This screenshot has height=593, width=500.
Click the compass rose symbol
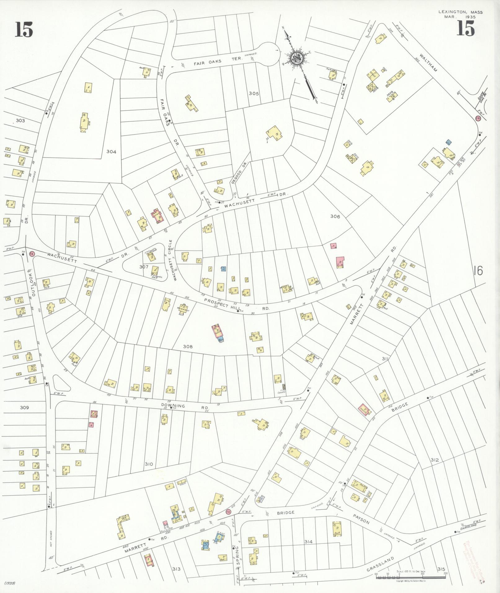click(296, 58)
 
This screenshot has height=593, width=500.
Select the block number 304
click(111, 152)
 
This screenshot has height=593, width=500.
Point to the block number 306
click(335, 216)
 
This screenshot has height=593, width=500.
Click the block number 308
click(188, 346)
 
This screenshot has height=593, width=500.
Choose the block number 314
click(308, 542)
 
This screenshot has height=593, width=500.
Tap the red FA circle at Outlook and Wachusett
click(31, 254)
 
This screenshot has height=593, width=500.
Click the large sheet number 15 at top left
click(24, 30)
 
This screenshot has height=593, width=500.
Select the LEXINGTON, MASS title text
click(460, 12)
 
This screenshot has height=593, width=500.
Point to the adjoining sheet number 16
click(478, 271)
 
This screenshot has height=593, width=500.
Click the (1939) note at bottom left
click(10, 583)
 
